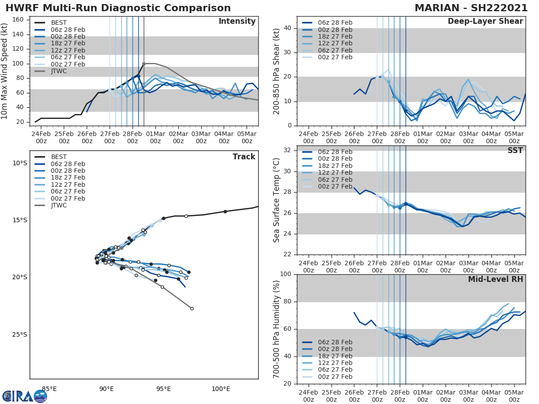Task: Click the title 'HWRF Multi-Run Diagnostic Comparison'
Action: coord(118,8)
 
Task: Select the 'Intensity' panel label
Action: coord(237,22)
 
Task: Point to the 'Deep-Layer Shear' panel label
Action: coord(485,22)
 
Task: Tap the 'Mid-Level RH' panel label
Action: coord(495,279)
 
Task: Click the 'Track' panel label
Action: coord(244,157)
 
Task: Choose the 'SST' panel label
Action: coord(515,150)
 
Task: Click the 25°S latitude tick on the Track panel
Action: coord(19,334)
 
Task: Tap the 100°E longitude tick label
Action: coord(221,389)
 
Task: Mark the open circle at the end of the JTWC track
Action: coord(192,308)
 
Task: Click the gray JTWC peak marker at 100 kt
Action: coord(144,64)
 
